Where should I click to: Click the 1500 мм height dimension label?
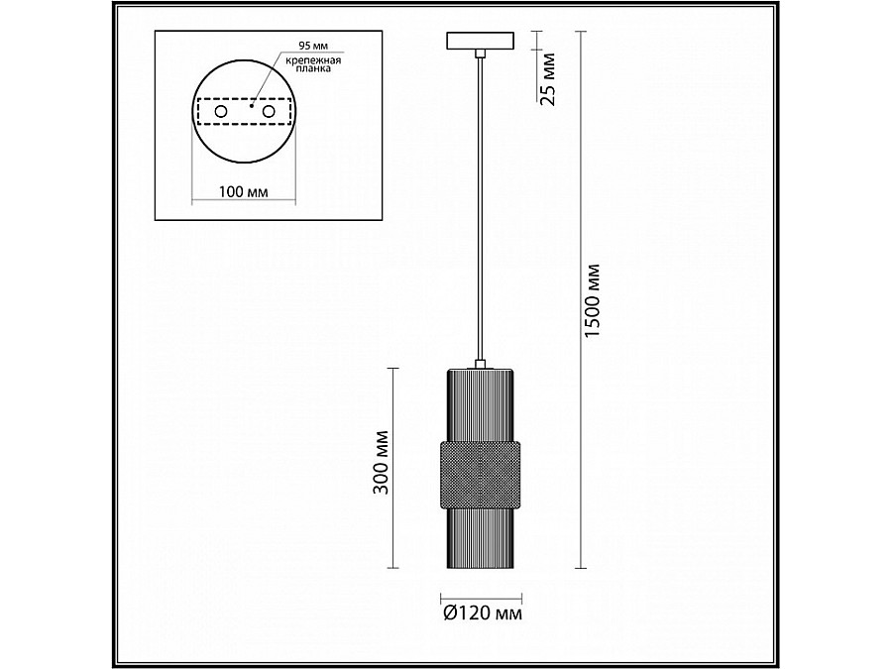coord(593,299)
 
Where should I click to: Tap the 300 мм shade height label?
coord(382,463)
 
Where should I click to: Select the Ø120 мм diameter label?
coord(482,613)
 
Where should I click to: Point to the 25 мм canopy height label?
coord(547,79)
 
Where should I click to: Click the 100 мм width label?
coord(244,191)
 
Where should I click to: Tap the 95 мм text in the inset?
coord(313,46)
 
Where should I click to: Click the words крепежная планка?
coord(313,64)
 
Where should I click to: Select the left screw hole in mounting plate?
coord(220,111)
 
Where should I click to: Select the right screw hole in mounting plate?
coord(268,111)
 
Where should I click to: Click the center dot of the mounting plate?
coord(251,105)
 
